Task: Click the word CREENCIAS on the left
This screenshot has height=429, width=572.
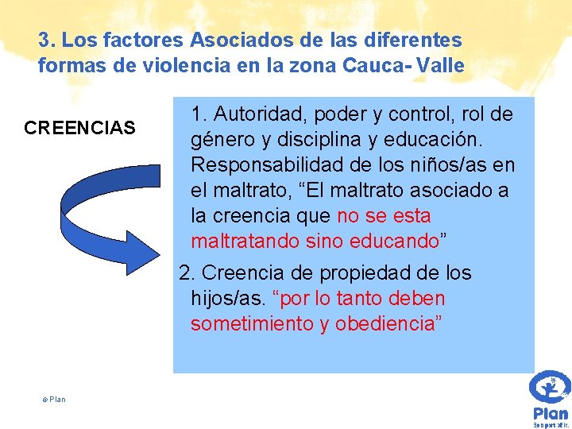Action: (80, 127)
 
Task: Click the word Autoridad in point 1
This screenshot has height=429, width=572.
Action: (257, 114)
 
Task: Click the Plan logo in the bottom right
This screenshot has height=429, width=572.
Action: (550, 397)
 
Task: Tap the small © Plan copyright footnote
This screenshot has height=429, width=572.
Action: (54, 399)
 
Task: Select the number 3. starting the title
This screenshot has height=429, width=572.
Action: (45, 39)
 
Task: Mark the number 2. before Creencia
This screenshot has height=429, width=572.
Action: (187, 273)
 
